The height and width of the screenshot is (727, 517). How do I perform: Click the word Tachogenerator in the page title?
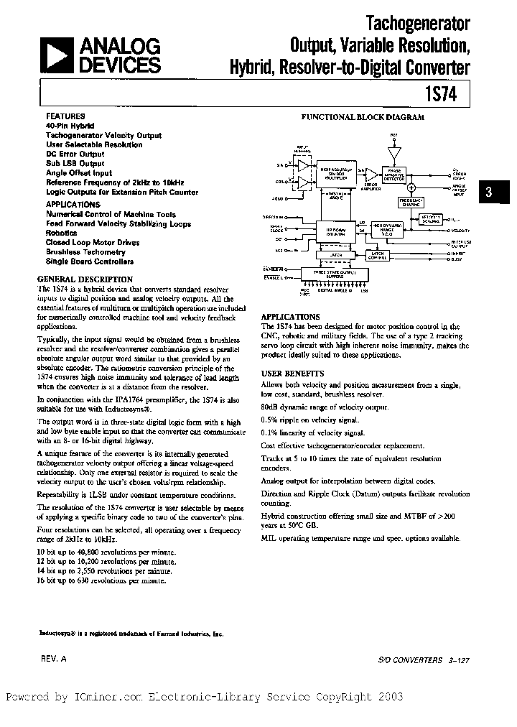coord(418,24)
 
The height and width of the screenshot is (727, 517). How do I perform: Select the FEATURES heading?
coord(65,116)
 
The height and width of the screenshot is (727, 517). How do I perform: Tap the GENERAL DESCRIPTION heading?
coord(85,279)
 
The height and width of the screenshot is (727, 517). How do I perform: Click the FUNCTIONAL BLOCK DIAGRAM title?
coord(362,116)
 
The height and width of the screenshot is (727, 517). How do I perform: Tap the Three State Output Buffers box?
coord(331,273)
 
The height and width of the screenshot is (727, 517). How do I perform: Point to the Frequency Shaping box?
coord(411,204)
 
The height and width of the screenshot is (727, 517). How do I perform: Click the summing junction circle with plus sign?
coord(411,187)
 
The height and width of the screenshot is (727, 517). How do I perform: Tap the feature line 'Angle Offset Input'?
coord(79,173)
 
